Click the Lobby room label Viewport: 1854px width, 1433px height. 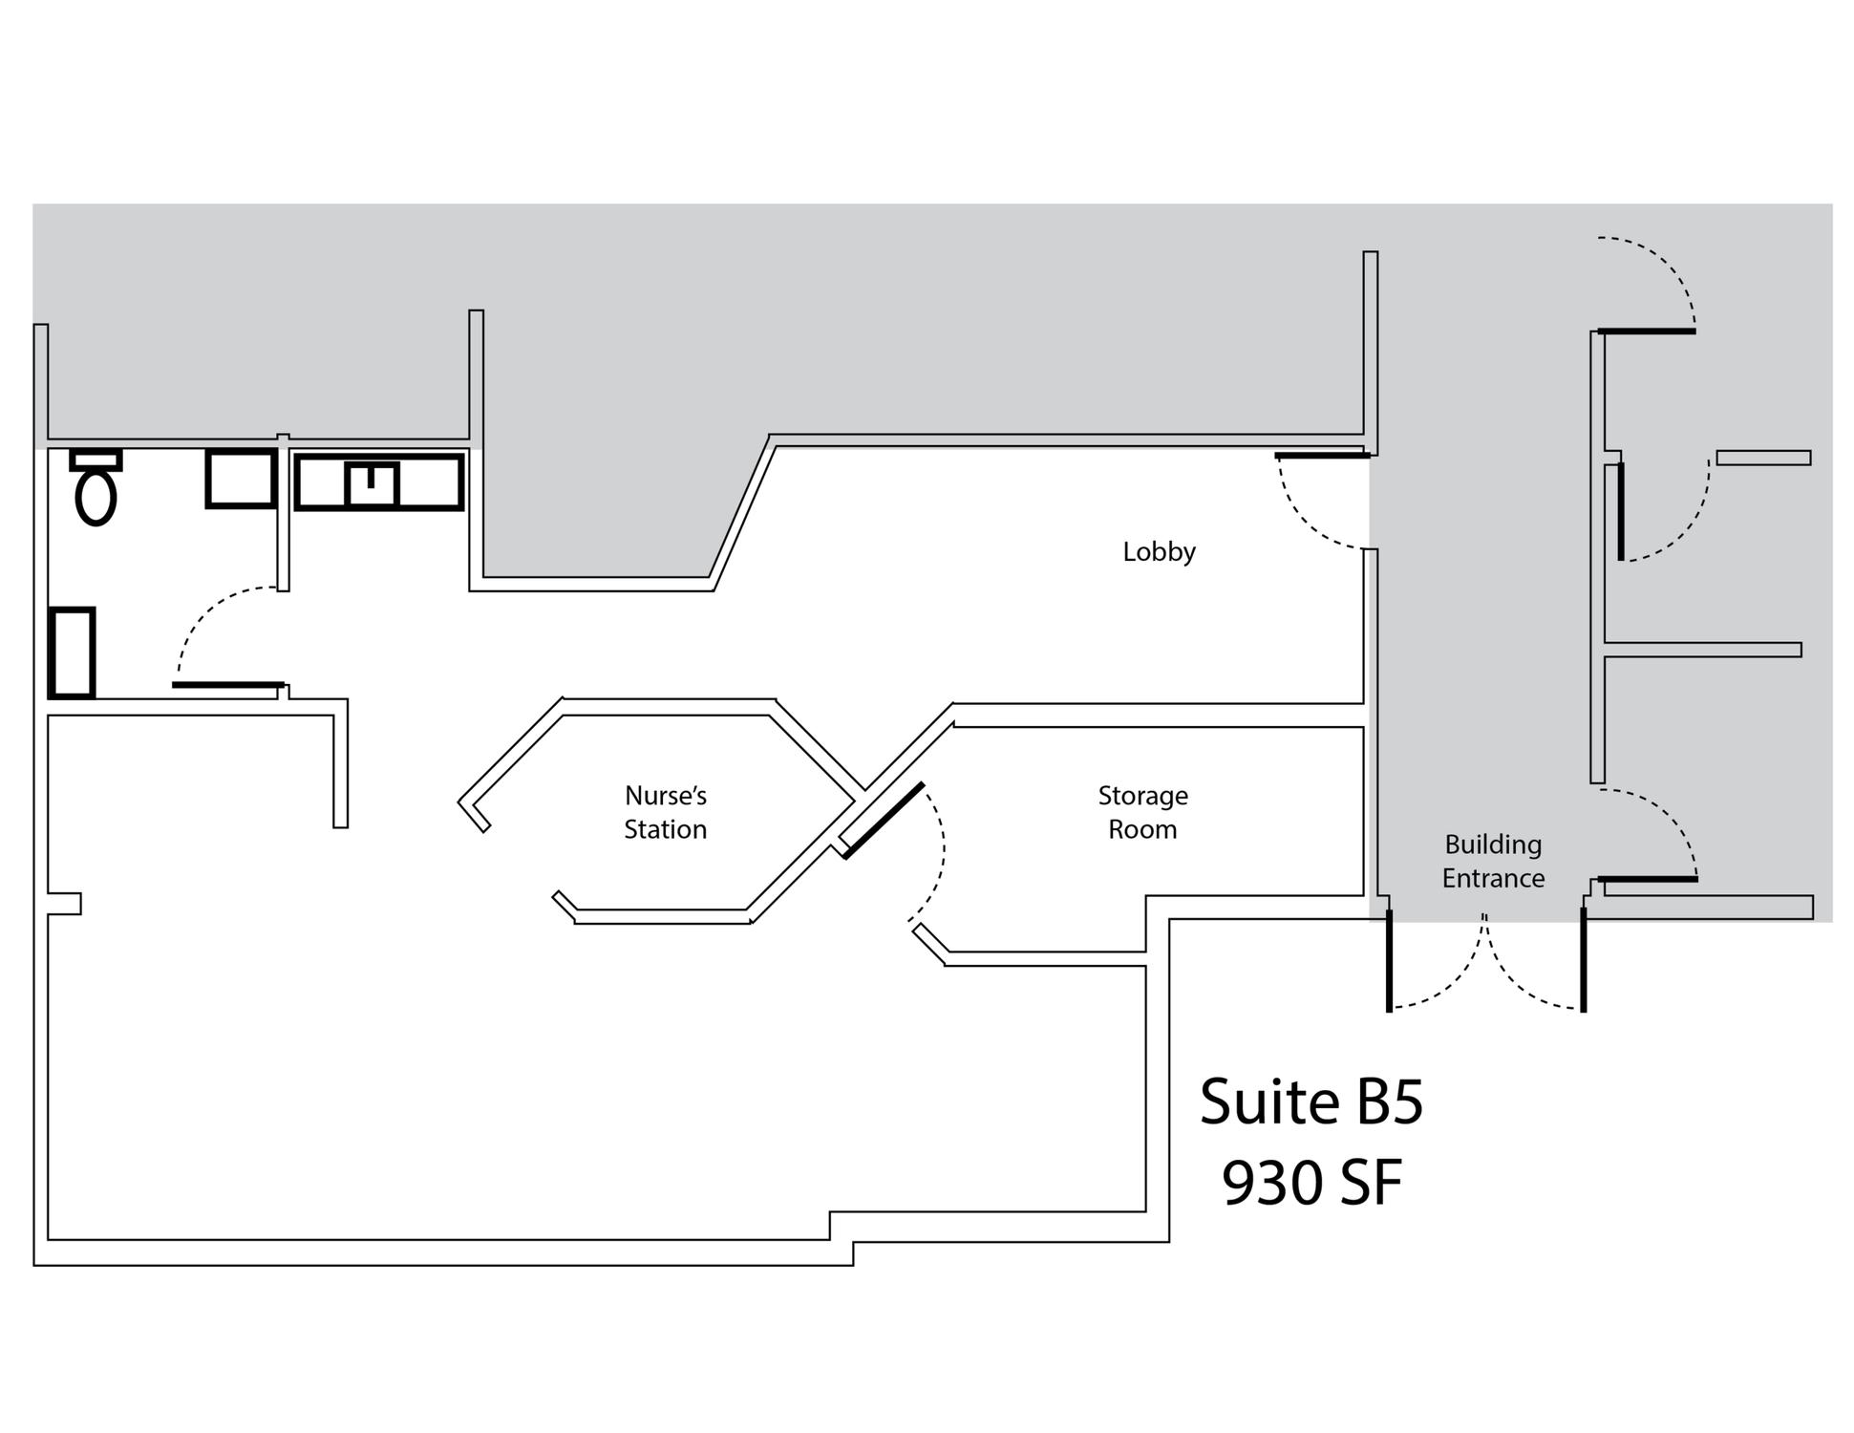coord(1159,552)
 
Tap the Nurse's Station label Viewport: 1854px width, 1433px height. coord(666,813)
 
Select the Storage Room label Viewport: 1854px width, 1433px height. coord(1142,813)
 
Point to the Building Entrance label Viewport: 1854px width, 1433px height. coord(1493,862)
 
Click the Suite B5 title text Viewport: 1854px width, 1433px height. coord(1311,1101)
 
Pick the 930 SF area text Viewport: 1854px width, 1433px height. coord(1311,1183)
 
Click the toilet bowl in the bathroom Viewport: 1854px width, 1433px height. coord(96,497)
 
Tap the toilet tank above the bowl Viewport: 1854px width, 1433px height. coord(96,460)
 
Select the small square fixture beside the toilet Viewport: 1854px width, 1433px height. coord(241,479)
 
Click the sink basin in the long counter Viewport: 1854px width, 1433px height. coord(371,484)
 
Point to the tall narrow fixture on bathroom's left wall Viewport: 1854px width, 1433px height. coord(72,652)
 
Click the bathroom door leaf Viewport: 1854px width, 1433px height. coord(228,685)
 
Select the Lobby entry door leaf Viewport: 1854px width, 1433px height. coord(1323,456)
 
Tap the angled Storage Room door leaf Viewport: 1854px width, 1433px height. coord(884,821)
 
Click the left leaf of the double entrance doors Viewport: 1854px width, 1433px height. coord(1389,960)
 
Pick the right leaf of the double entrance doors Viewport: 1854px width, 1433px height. coord(1583,960)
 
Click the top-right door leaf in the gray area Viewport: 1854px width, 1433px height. coord(1647,332)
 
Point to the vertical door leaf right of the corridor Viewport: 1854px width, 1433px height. coord(1621,511)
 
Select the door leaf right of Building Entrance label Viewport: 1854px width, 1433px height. coord(1648,879)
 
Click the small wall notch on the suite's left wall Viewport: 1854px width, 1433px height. coord(64,904)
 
